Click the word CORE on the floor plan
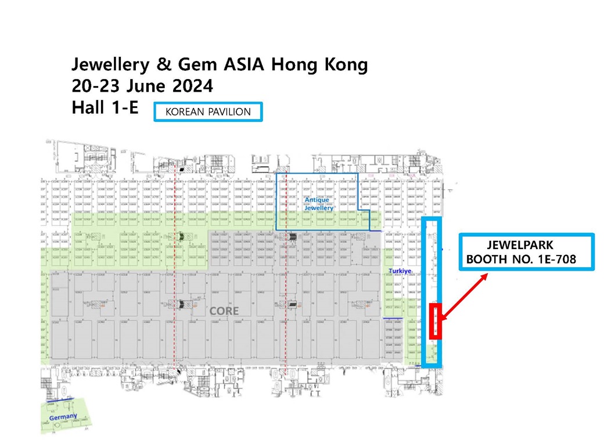224,311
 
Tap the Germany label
63,417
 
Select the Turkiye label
400,271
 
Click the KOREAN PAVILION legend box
208,112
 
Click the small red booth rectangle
436,321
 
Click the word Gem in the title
187,64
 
